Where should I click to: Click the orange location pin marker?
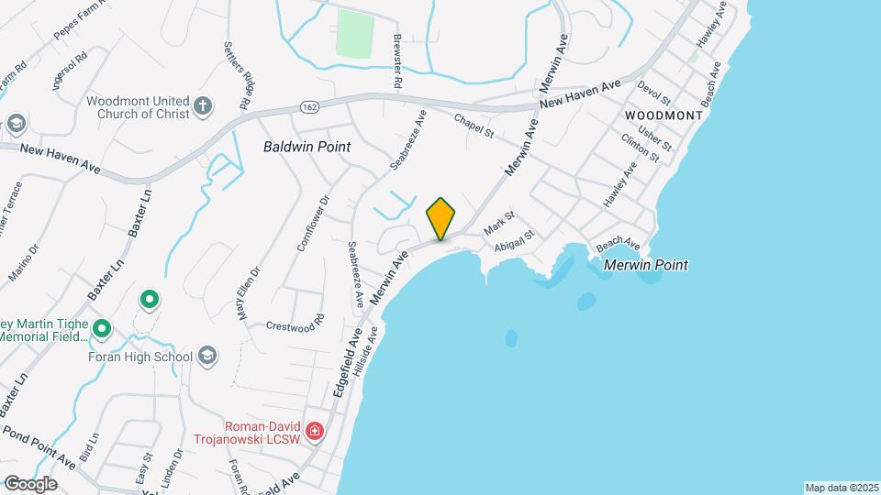(x=441, y=219)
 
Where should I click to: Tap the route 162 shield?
(x=306, y=108)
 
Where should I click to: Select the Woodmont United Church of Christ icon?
(x=203, y=107)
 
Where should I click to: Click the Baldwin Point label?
(x=307, y=146)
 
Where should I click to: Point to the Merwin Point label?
(x=645, y=265)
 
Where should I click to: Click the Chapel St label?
(x=474, y=126)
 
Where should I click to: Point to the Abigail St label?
(x=513, y=242)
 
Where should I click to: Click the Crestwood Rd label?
(x=296, y=324)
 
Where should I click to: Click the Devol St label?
(x=653, y=94)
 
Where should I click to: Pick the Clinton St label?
(x=640, y=147)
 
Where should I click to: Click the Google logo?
(x=30, y=483)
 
